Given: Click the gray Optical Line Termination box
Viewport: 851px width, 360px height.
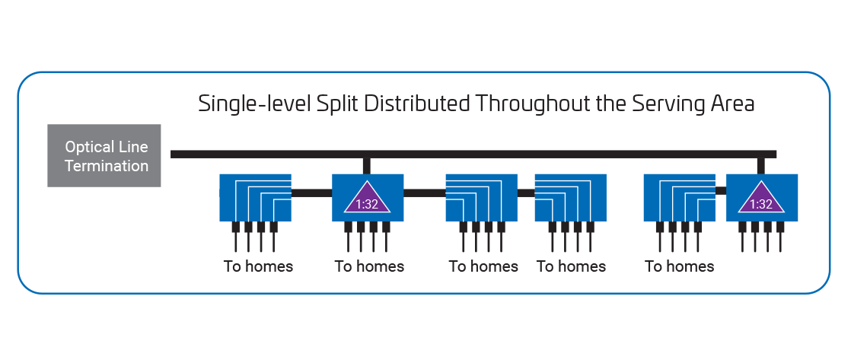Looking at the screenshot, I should coord(104,155).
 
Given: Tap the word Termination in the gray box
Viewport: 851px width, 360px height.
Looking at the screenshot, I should coord(107,166).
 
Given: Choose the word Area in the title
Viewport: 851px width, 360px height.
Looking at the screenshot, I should coord(732,104).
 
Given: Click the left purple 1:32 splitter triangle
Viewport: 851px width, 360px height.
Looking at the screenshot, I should coord(368,199).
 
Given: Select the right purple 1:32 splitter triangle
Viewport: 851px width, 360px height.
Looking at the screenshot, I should coord(762,199).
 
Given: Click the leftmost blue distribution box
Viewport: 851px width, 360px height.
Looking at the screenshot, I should coord(256,198).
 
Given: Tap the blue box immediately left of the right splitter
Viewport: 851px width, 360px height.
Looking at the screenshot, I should coord(679,198).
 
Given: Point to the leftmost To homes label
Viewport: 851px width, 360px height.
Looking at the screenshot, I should coord(258,266).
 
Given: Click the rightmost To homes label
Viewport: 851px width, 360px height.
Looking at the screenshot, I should coord(679,266).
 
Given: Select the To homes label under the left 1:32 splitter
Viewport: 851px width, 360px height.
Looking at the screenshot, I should coord(369,266).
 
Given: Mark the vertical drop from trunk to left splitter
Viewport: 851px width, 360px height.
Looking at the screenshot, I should coord(367,165).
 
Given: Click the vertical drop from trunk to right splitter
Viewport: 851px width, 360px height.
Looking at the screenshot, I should coord(761,165).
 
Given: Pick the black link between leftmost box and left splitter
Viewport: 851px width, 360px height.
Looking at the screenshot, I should coord(312,193).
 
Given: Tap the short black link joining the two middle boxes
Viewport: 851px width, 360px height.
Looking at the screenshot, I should coord(525,193).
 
